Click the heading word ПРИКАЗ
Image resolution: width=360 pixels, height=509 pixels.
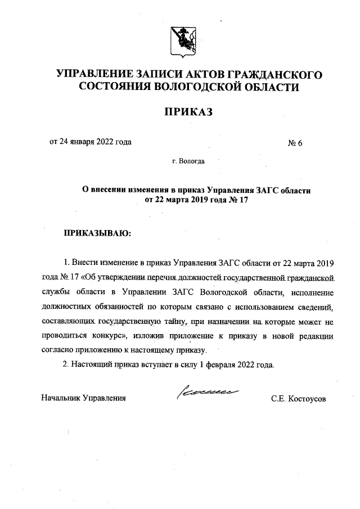(188, 113)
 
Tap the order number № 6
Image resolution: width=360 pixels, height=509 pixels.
(295, 142)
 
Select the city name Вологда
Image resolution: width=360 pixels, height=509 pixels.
(193, 162)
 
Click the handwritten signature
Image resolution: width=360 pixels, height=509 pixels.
(208, 392)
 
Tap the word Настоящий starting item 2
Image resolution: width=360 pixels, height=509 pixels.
(91, 364)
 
